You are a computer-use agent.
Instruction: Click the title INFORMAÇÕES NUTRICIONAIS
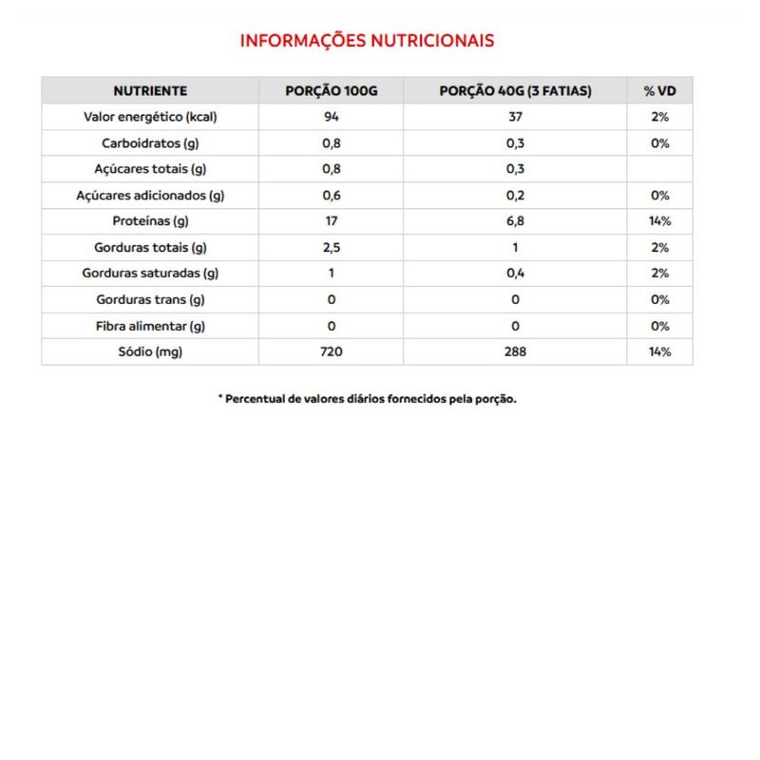coord(367,41)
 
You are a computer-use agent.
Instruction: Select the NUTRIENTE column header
coord(150,91)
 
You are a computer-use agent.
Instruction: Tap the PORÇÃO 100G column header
coord(332,91)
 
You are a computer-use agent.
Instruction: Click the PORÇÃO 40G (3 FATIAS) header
coord(515,91)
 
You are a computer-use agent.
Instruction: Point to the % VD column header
coord(659,91)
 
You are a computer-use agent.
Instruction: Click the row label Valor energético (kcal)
coord(150,117)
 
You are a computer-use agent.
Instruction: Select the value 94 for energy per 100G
coord(332,117)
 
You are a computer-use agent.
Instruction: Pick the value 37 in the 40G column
coord(515,117)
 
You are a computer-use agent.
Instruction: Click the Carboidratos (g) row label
coord(150,143)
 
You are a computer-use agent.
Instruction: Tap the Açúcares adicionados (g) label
coord(150,196)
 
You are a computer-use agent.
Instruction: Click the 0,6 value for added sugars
coord(332,196)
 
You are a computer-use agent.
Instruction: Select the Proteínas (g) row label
coord(150,221)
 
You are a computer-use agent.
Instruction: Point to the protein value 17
coord(332,221)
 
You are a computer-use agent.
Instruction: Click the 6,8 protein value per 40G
coord(515,221)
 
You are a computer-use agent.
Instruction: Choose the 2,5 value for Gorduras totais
coord(332,248)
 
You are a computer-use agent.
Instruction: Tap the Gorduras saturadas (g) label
coord(150,274)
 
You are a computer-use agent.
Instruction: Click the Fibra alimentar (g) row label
coord(150,326)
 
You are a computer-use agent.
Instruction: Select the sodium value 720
coord(332,351)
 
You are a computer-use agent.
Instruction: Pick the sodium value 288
coord(515,351)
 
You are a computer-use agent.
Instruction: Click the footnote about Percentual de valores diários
coord(367,399)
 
